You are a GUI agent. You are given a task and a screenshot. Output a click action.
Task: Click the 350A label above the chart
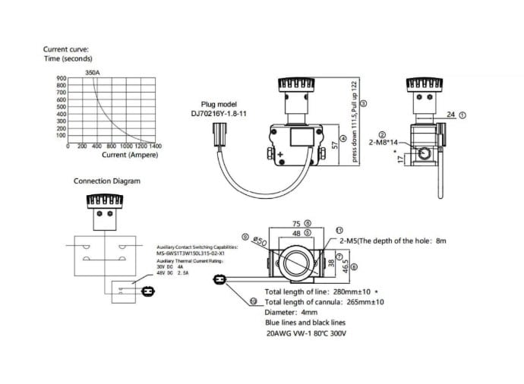(92, 73)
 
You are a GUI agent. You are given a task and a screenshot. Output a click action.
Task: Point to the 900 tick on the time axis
(61, 79)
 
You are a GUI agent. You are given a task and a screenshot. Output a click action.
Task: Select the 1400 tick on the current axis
(155, 146)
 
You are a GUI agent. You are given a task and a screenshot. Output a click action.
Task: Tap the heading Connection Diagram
(107, 181)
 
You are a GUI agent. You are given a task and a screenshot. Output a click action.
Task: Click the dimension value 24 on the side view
(450, 115)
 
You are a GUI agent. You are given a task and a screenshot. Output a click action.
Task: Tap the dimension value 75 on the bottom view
(297, 224)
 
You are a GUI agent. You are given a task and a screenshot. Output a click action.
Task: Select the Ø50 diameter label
(259, 241)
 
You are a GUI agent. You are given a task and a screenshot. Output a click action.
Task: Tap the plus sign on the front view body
(279, 155)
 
